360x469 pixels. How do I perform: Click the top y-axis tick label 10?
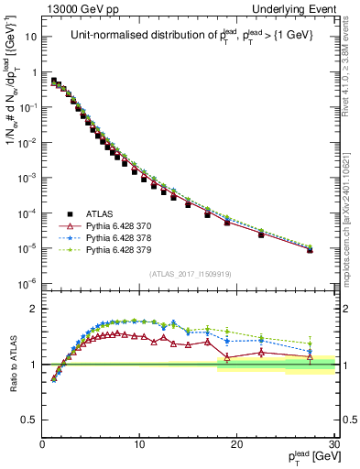pos(30,38)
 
